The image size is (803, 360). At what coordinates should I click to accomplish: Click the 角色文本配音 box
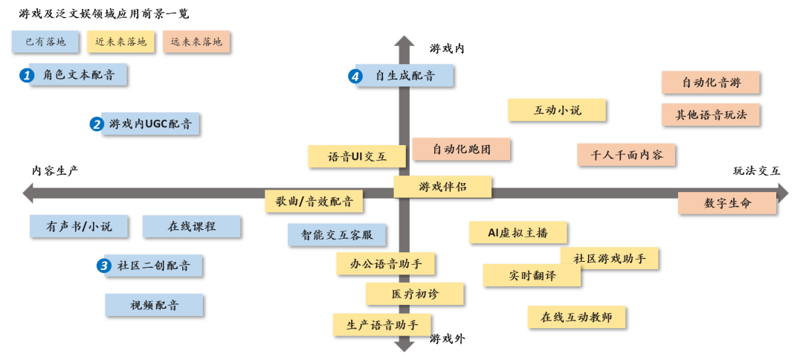(x=78, y=75)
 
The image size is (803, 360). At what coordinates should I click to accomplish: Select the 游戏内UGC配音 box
(x=151, y=124)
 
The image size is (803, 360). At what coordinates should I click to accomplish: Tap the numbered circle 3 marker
(x=104, y=266)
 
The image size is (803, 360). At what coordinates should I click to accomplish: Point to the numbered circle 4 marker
(x=355, y=75)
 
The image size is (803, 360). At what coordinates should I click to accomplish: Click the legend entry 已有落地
(x=45, y=42)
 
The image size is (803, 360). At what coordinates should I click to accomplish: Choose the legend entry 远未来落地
(x=196, y=42)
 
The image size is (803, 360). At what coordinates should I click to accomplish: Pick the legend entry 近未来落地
(x=121, y=42)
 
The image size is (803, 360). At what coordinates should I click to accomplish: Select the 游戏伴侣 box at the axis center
(x=442, y=186)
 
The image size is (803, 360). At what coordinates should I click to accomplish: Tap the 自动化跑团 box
(x=461, y=149)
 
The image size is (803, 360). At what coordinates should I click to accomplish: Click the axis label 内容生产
(x=54, y=170)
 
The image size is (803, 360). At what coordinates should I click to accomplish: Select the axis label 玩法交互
(x=756, y=170)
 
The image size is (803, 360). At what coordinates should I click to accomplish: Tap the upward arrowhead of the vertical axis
(x=404, y=42)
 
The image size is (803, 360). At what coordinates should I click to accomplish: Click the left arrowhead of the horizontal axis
(x=28, y=193)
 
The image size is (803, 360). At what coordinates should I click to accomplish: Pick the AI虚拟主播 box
(x=517, y=232)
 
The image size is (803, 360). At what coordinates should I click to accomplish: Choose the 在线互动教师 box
(x=576, y=317)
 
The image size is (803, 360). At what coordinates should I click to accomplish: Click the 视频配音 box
(x=154, y=304)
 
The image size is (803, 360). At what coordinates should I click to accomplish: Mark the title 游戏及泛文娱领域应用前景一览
(x=103, y=13)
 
